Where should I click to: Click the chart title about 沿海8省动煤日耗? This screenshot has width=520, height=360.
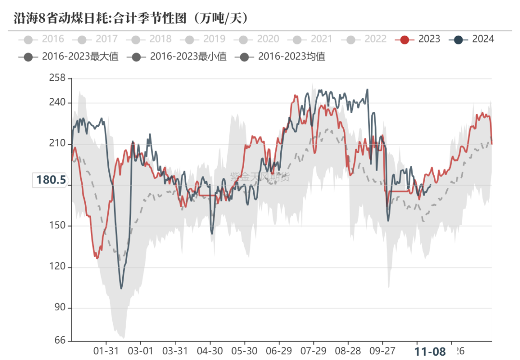click(130, 18)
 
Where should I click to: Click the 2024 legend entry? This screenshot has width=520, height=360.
click(472, 39)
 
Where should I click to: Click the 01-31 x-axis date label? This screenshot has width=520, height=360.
click(106, 351)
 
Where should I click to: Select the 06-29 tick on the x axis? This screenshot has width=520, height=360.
click(278, 351)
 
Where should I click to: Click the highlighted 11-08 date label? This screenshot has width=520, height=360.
click(430, 352)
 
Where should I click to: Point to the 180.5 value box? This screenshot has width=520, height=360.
click(51, 180)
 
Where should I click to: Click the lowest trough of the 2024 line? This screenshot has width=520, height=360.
click(121, 288)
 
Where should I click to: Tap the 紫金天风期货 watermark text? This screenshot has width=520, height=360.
click(260, 177)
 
